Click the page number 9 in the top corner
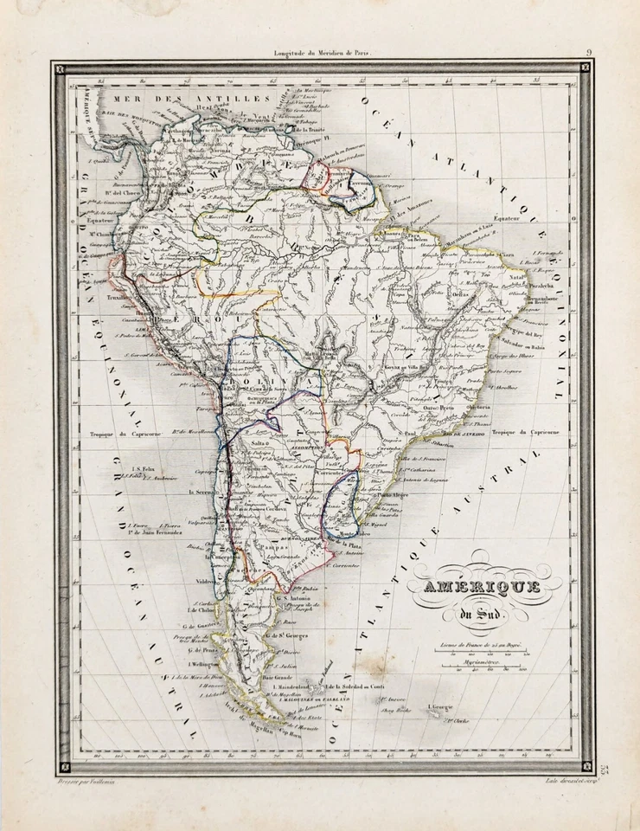[589, 53]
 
